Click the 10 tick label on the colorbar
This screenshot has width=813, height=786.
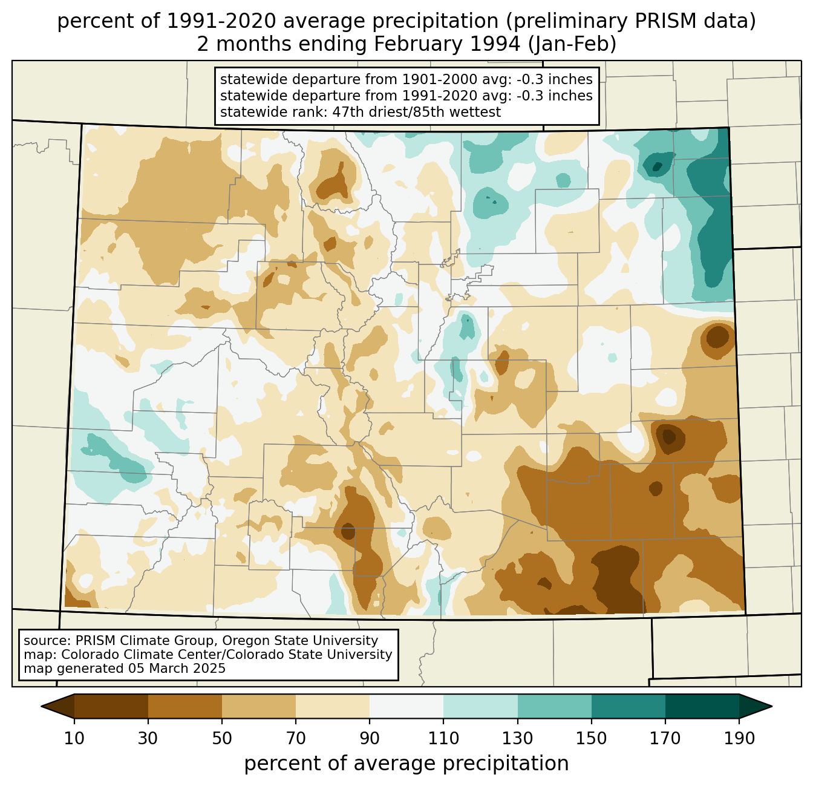click(74, 738)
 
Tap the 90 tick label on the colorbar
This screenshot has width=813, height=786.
click(370, 738)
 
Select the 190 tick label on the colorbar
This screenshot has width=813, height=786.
click(739, 738)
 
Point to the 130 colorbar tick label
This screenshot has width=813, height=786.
click(518, 738)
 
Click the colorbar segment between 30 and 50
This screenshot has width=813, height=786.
click(185, 706)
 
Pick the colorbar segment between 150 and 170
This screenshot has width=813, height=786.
click(629, 706)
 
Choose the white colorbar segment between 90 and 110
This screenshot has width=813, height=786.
click(406, 706)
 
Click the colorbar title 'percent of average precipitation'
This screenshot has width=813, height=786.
click(406, 764)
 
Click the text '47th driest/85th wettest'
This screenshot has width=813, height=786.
click(417, 112)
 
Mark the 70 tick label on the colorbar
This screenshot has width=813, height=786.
click(296, 738)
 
